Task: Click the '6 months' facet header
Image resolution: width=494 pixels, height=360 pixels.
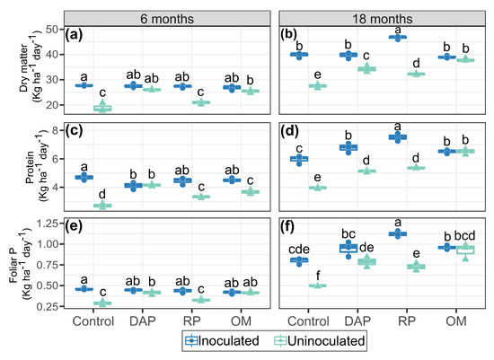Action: pyautogui.click(x=167, y=19)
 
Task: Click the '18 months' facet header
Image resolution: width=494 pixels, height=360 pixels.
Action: pyautogui.click(x=382, y=19)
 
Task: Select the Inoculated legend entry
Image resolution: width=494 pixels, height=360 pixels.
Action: pyautogui.click(x=222, y=341)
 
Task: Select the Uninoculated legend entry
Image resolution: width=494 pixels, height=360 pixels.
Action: pyautogui.click(x=320, y=341)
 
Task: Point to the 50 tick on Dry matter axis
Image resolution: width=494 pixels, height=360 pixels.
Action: pyautogui.click(x=52, y=30)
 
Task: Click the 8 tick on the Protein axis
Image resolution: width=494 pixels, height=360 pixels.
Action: pyautogui.click(x=56, y=130)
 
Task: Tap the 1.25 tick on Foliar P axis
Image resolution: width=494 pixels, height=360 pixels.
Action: pyautogui.click(x=48, y=224)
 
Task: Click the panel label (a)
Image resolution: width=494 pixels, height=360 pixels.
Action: pyautogui.click(x=74, y=35)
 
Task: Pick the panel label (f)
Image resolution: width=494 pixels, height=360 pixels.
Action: pyautogui.click(x=287, y=227)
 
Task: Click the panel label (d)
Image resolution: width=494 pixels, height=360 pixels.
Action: pyautogui.click(x=289, y=131)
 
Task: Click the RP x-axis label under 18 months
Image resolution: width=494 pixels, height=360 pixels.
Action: pyautogui.click(x=407, y=320)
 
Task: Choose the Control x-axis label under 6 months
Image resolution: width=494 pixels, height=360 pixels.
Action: pyautogui.click(x=93, y=320)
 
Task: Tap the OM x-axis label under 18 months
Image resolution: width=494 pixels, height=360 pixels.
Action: pyautogui.click(x=456, y=320)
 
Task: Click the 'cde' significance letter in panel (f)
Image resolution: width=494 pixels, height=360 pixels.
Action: pyautogui.click(x=299, y=250)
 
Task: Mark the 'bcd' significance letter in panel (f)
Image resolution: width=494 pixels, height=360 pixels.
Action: pyautogui.click(x=464, y=235)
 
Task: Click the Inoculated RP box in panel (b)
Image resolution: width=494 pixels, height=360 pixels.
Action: pyautogui.click(x=398, y=37)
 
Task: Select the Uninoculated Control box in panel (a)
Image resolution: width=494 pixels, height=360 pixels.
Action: pyautogui.click(x=102, y=108)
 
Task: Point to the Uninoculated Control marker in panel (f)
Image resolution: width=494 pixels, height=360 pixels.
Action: pyautogui.click(x=318, y=285)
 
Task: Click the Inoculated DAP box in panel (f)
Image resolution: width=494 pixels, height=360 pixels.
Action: pyautogui.click(x=348, y=248)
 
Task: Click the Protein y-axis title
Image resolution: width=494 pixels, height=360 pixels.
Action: pyautogui.click(x=35, y=167)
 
